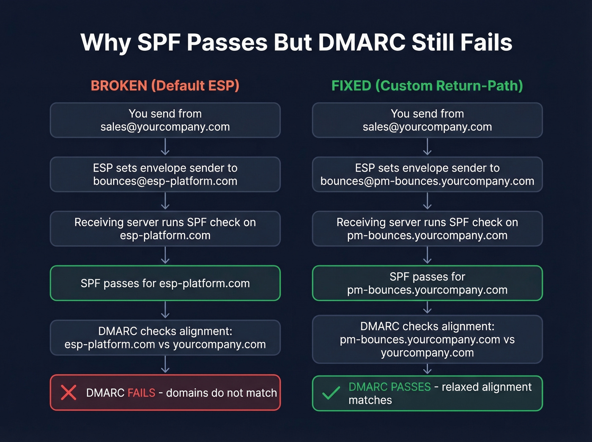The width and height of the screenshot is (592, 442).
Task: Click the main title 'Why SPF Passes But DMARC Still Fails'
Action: pyautogui.click(x=296, y=43)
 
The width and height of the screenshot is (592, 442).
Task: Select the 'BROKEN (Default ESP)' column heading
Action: pyautogui.click(x=165, y=86)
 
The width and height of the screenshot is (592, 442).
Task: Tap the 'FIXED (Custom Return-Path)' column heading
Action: pyautogui.click(x=427, y=86)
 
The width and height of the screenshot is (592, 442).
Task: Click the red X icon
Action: pyautogui.click(x=69, y=393)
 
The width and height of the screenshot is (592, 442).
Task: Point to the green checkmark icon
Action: pyautogui.click(x=331, y=393)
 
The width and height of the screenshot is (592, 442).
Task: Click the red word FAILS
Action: pyautogui.click(x=141, y=393)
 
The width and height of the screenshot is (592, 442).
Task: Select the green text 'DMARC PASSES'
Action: pyautogui.click(x=389, y=387)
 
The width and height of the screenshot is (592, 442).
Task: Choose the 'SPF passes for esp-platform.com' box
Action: pyautogui.click(x=165, y=283)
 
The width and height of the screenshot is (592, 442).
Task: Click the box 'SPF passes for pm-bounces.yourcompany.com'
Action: pyautogui.click(x=427, y=283)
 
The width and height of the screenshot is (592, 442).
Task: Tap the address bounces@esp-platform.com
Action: pyautogui.click(x=165, y=181)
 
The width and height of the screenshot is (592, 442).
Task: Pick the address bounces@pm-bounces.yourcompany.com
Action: pyautogui.click(x=427, y=181)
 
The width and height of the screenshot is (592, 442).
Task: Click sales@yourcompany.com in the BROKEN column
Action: pyautogui.click(x=165, y=127)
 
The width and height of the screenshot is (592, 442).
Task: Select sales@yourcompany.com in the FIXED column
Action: pyautogui.click(x=427, y=127)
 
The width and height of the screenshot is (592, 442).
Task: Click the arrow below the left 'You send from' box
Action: pyautogui.click(x=165, y=147)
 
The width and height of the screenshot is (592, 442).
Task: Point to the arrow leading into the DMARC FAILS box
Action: pyautogui.click(x=165, y=364)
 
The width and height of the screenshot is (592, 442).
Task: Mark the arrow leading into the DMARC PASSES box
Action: pyautogui.click(x=428, y=369)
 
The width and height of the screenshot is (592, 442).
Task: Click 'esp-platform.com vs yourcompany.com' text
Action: pyautogui.click(x=165, y=345)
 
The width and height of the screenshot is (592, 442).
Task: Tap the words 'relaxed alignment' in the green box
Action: pyautogui.click(x=486, y=387)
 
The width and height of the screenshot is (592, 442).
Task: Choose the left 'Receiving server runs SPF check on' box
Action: pyautogui.click(x=165, y=228)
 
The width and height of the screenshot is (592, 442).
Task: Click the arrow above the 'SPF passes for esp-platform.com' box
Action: pyautogui.click(x=165, y=255)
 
